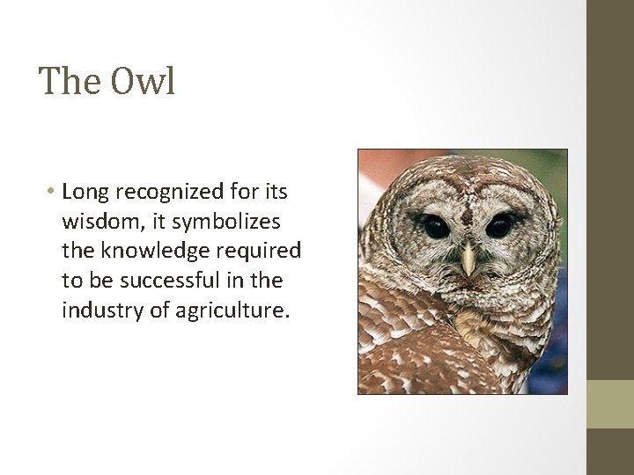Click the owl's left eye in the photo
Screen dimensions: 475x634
click(x=435, y=226)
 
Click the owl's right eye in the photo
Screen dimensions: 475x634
click(x=498, y=226)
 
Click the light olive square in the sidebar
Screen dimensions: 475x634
click(x=610, y=404)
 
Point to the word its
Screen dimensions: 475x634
click(x=276, y=191)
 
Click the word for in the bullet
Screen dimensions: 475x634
click(x=241, y=191)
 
